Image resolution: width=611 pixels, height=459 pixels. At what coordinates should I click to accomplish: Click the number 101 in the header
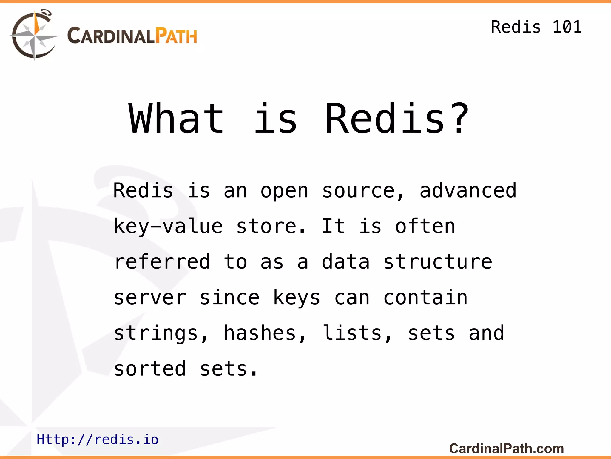click(x=567, y=27)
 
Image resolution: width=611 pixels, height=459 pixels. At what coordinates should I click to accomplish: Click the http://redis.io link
click(x=97, y=439)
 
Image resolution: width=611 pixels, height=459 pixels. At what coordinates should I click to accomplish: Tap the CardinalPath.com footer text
click(x=506, y=448)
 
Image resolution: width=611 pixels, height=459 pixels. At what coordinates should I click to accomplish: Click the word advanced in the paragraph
click(x=468, y=190)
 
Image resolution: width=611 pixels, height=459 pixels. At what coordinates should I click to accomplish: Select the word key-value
click(x=168, y=226)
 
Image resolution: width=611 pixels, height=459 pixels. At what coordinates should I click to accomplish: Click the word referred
click(x=162, y=262)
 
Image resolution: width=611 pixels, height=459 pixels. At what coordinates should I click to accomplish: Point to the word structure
click(x=437, y=262)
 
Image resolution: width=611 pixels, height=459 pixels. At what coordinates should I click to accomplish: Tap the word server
click(x=150, y=298)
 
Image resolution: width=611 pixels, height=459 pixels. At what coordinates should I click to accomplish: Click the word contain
click(x=425, y=298)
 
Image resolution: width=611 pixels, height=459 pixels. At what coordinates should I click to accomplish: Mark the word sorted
click(x=150, y=369)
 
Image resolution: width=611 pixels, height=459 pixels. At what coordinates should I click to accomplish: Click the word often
click(x=425, y=226)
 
